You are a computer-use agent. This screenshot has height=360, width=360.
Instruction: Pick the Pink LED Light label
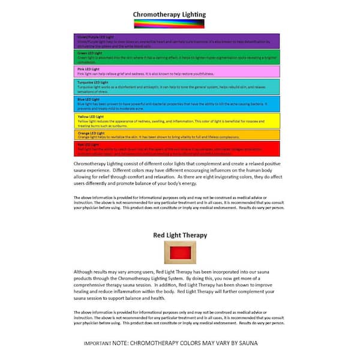point(87,68)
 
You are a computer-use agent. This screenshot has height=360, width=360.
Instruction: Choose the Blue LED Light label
point(87,99)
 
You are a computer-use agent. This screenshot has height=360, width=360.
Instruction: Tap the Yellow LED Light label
point(89,116)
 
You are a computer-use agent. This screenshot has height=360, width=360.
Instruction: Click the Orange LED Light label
point(89,132)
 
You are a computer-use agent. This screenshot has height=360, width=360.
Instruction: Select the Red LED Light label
point(87,145)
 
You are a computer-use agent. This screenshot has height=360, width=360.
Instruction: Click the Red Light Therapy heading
point(180,235)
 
